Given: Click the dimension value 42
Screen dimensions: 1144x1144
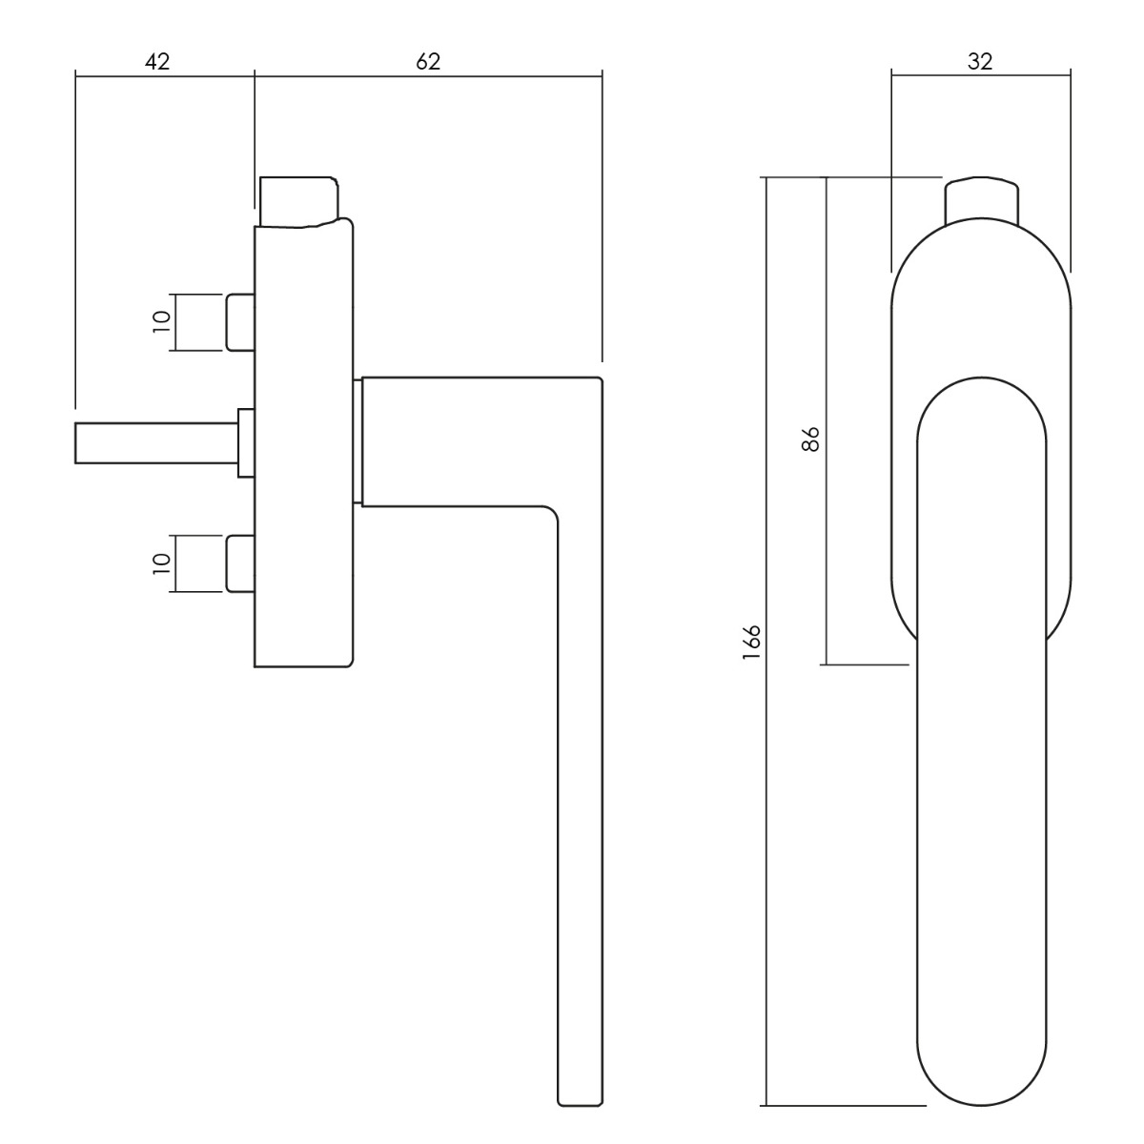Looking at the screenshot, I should (157, 62).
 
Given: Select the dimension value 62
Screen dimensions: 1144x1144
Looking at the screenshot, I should (429, 62).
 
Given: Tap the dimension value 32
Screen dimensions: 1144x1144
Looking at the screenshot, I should (980, 62).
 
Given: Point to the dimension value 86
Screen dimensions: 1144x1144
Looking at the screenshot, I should (811, 439).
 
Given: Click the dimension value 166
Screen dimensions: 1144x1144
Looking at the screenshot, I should (751, 643).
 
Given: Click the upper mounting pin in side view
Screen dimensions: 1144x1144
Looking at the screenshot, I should (240, 322).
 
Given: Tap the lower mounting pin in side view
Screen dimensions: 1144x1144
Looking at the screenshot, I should (240, 564).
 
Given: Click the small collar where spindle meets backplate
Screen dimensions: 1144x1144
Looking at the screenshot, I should (246, 442).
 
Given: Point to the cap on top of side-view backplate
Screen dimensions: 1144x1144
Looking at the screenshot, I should (299, 201).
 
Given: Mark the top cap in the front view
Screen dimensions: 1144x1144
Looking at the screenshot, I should (982, 201).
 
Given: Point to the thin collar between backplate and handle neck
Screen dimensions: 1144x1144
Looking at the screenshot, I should (357, 440).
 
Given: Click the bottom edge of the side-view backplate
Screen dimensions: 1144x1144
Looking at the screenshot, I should (303, 664).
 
